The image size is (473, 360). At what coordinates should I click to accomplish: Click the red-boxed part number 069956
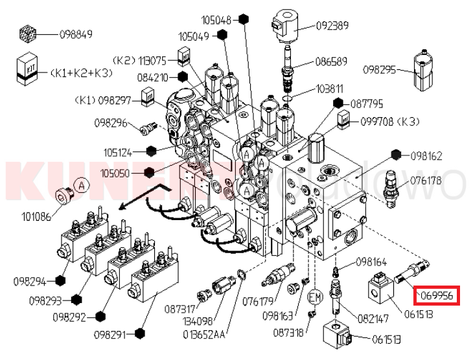click(437, 297)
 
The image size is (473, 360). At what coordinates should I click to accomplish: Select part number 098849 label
click(76, 34)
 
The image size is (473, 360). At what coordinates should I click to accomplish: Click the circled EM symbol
click(315, 297)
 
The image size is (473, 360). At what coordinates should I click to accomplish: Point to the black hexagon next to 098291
click(141, 334)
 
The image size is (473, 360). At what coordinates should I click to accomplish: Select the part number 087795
click(367, 103)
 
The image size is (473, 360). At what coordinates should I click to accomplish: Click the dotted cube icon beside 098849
click(27, 34)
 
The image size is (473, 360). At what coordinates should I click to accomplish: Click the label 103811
click(330, 89)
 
